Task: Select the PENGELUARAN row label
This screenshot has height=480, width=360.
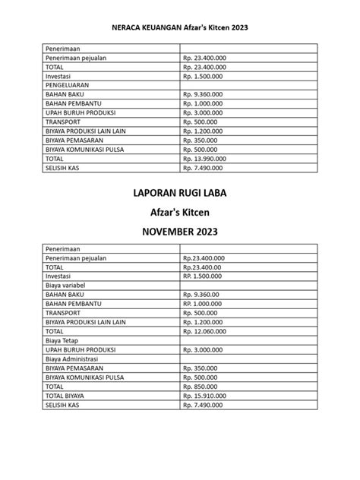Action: [69, 86]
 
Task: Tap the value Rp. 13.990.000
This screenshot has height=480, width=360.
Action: [205, 159]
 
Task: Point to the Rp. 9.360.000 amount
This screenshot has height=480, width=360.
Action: [204, 94]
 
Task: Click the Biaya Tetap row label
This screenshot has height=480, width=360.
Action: [62, 341]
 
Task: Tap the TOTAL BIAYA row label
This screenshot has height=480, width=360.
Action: [65, 396]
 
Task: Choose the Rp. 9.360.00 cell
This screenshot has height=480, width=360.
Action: [201, 295]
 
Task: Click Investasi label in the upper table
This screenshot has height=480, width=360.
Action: [59, 76]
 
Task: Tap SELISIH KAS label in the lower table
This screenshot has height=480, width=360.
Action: [63, 406]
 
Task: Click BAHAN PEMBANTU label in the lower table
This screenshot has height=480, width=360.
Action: [72, 304]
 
